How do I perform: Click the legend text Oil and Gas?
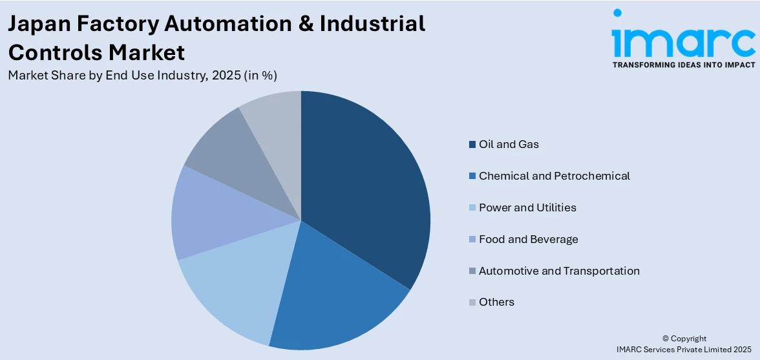[x=509, y=144]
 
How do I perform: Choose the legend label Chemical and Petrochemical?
[x=554, y=176]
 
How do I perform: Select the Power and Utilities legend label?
[x=527, y=207]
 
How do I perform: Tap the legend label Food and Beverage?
[x=528, y=239]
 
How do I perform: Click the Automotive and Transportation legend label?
[x=559, y=271]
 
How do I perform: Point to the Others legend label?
[x=496, y=302]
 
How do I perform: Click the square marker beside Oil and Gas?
[x=472, y=144]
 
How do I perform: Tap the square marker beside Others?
[x=472, y=302]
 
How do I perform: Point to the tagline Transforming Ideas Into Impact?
[x=683, y=65]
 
